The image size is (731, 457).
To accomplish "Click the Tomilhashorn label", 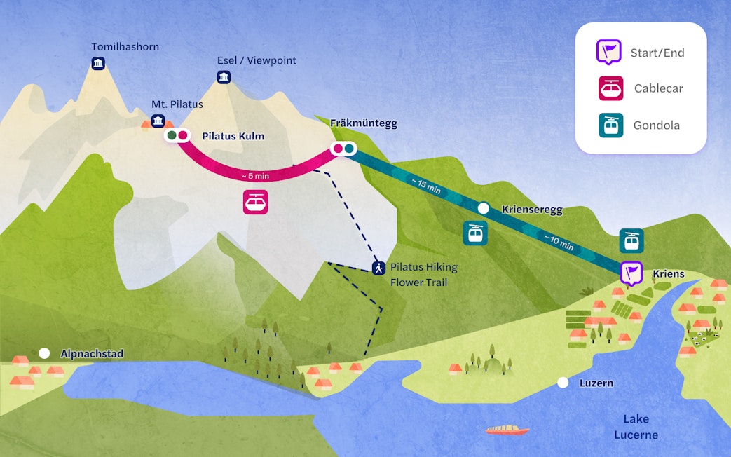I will click(125, 47).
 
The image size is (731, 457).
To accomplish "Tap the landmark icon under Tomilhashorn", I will click(99, 64).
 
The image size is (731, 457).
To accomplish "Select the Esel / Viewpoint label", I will click(257, 60).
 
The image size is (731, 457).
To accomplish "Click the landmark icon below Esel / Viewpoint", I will click(224, 76).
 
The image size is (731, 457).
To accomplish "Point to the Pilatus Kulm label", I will click(233, 136).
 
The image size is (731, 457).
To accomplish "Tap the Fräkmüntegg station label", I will click(364, 123).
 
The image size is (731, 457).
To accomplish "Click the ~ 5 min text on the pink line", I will click(255, 175).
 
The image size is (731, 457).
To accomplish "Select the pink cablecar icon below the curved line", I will click(255, 202).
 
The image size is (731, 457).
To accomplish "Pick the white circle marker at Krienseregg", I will click(484, 208).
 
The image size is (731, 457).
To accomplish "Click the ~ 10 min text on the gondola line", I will click(558, 242).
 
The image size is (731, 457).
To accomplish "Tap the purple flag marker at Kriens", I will click(631, 272).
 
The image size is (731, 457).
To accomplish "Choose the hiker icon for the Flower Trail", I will click(378, 267).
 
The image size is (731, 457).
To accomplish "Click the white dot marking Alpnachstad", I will click(45, 353).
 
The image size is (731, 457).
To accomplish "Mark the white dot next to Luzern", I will click(562, 383).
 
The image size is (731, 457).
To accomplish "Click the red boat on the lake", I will click(507, 430).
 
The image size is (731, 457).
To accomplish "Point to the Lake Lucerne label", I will click(636, 427).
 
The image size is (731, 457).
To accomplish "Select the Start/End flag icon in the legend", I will click(608, 52).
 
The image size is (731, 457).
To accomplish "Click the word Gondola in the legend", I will click(657, 125).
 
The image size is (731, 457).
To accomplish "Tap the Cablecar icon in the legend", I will click(610, 88).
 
